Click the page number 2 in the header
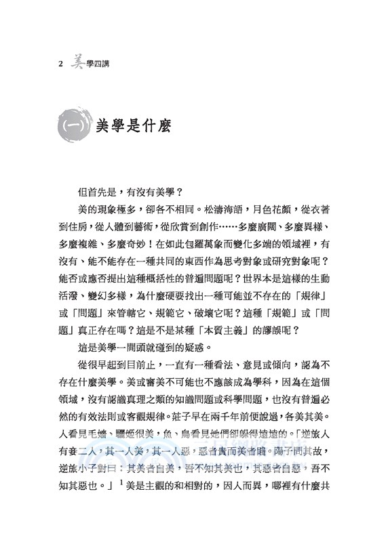[x=61, y=64]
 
